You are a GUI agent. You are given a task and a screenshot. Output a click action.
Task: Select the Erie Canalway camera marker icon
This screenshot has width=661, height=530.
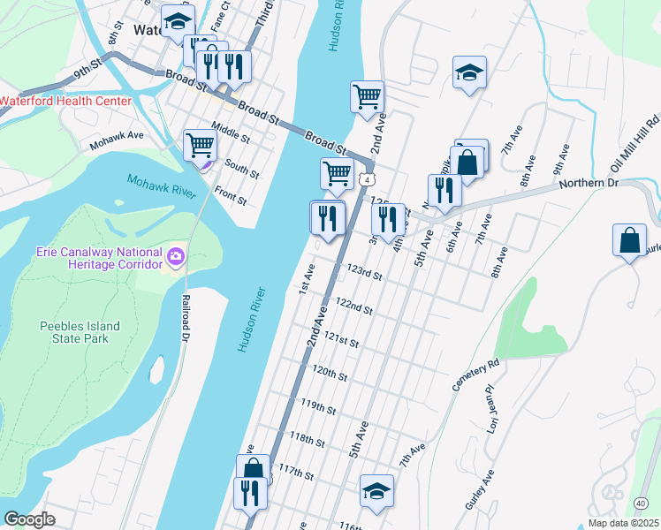(x=176, y=259)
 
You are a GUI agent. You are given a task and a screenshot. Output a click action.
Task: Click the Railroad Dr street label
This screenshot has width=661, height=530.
(x=186, y=318)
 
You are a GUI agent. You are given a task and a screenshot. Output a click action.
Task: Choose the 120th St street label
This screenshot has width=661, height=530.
(x=330, y=375)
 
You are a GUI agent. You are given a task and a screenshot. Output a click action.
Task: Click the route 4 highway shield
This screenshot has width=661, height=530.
(x=365, y=179)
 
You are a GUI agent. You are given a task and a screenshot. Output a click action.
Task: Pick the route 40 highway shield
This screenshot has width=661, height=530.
(x=639, y=503)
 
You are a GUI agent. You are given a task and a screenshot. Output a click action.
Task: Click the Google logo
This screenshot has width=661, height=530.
(x=29, y=519)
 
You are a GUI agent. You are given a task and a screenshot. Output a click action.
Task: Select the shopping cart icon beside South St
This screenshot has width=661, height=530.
(x=201, y=145)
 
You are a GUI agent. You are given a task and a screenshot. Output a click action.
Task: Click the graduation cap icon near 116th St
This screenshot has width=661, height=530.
(x=376, y=491)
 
